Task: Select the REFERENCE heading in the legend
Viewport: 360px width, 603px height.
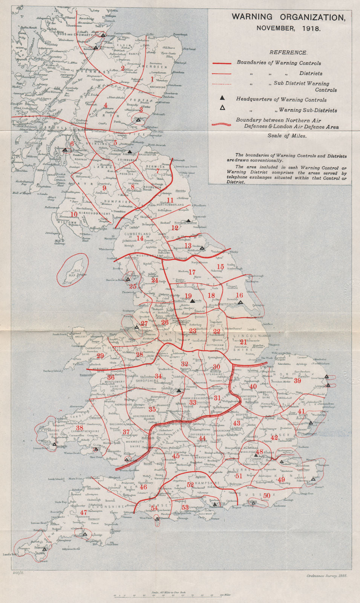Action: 288,52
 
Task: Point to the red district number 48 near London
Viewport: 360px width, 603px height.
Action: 259,452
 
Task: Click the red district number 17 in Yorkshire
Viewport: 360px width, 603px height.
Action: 192,272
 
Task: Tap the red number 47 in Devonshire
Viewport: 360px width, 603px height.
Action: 84,513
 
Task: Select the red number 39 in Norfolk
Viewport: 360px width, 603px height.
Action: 297,381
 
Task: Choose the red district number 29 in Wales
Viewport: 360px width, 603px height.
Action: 100,356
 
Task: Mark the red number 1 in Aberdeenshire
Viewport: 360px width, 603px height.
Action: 152,79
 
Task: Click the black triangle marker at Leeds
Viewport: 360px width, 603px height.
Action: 192,301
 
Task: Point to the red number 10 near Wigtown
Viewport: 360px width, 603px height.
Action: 74,214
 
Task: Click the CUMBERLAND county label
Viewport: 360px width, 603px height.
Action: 138,234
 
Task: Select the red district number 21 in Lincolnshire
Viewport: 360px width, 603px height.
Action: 243,342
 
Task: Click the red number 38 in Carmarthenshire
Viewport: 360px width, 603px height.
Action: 79,428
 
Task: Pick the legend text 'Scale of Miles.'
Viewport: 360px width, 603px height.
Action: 287,136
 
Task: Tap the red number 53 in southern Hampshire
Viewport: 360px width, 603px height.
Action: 185,507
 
